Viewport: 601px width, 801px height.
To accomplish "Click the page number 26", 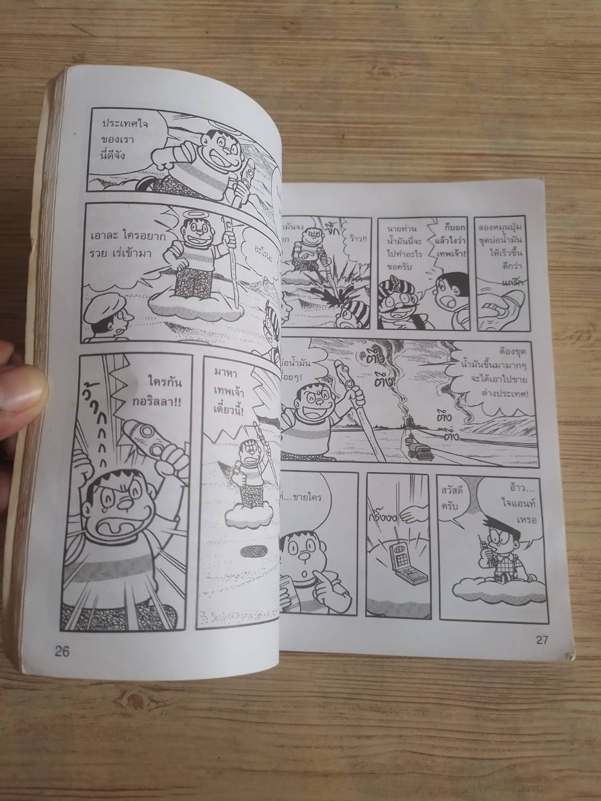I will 62,651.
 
